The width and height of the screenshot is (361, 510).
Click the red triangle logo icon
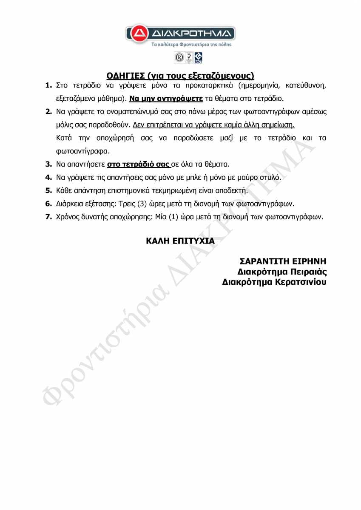coord(138,34)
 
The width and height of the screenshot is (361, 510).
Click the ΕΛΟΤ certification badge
coord(198,57)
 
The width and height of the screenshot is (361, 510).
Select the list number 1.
coord(48,86)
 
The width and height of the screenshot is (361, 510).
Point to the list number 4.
coord(48,177)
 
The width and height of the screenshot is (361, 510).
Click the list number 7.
coord(48,217)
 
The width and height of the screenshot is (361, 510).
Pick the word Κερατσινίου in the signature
coord(301,282)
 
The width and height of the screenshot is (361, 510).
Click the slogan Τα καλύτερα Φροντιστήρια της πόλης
coord(191,44)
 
